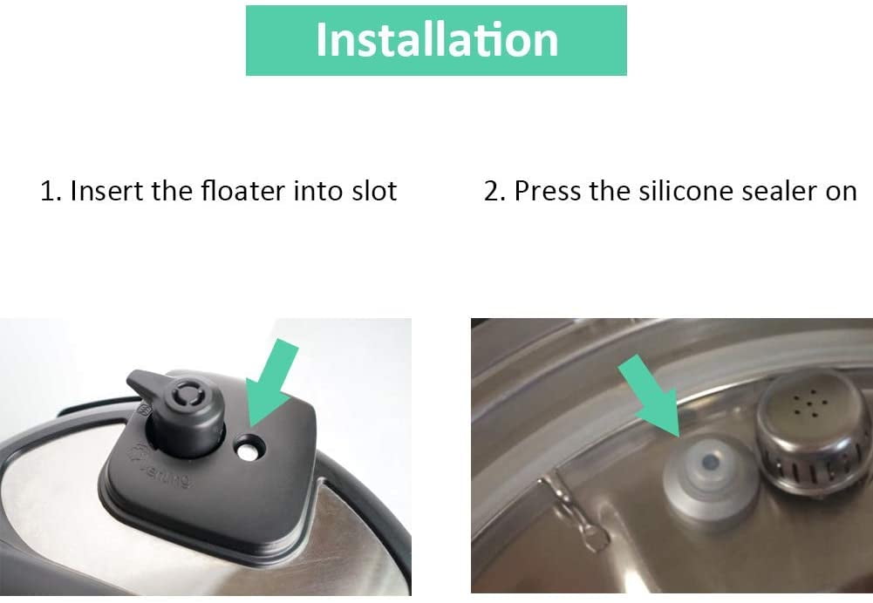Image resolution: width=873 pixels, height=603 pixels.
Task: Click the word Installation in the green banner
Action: (x=436, y=40)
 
